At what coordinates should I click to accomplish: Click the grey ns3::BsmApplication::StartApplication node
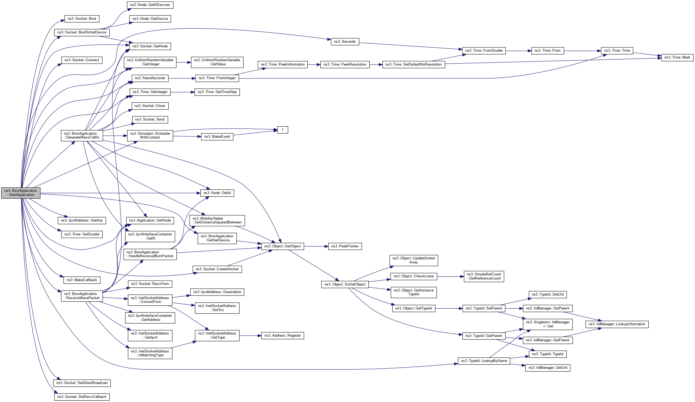tap(21, 193)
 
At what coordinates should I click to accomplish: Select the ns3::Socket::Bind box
tap(82, 19)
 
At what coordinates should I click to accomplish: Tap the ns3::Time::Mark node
tap(677, 57)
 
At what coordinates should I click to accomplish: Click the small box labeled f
tap(282, 130)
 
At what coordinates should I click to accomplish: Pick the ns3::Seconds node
tap(345, 42)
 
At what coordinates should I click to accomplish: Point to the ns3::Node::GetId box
tap(217, 193)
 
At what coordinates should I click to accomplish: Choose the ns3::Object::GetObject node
tap(282, 246)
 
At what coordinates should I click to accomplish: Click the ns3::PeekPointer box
tap(345, 246)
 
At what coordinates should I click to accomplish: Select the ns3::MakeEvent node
tap(217, 137)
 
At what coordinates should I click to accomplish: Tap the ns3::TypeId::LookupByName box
tap(484, 361)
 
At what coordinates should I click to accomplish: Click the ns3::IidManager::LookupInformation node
tap(617, 324)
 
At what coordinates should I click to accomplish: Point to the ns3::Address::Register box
tap(282, 336)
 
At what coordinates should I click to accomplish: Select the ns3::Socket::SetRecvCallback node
tap(82, 397)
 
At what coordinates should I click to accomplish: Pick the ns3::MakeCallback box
tap(82, 280)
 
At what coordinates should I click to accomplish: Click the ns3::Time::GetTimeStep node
tap(217, 92)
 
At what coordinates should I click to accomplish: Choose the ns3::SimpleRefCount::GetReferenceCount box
tap(484, 276)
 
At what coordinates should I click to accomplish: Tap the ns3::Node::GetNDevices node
tap(150, 5)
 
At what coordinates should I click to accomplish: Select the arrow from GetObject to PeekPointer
tap(316, 246)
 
